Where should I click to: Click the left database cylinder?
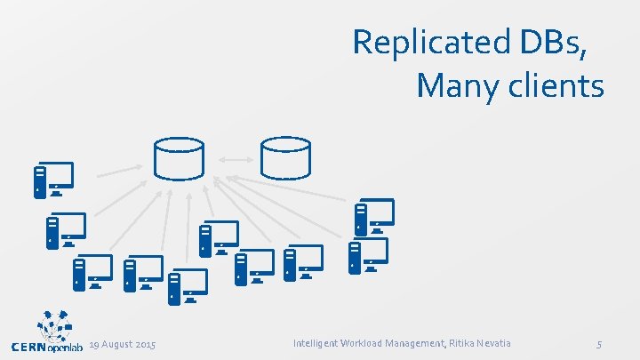click(178, 157)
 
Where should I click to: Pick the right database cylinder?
click(284, 157)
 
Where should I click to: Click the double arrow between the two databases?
click(231, 160)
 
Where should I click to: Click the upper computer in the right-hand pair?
click(373, 216)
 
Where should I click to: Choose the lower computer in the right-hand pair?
click(368, 255)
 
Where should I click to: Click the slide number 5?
click(599, 344)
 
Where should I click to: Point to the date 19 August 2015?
click(123, 344)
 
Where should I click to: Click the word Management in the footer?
click(421, 343)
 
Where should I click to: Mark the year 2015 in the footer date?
click(145, 344)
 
